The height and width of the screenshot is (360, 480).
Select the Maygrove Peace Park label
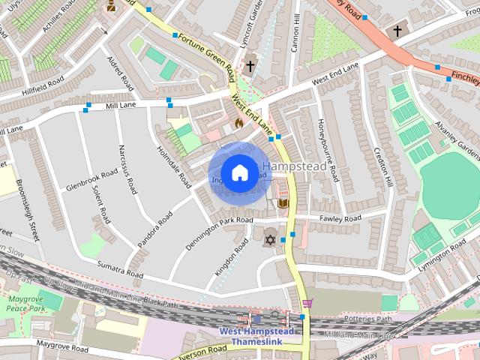(26, 303)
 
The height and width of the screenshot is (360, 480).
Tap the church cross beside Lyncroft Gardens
(250, 67)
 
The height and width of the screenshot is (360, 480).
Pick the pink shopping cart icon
(307, 303)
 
